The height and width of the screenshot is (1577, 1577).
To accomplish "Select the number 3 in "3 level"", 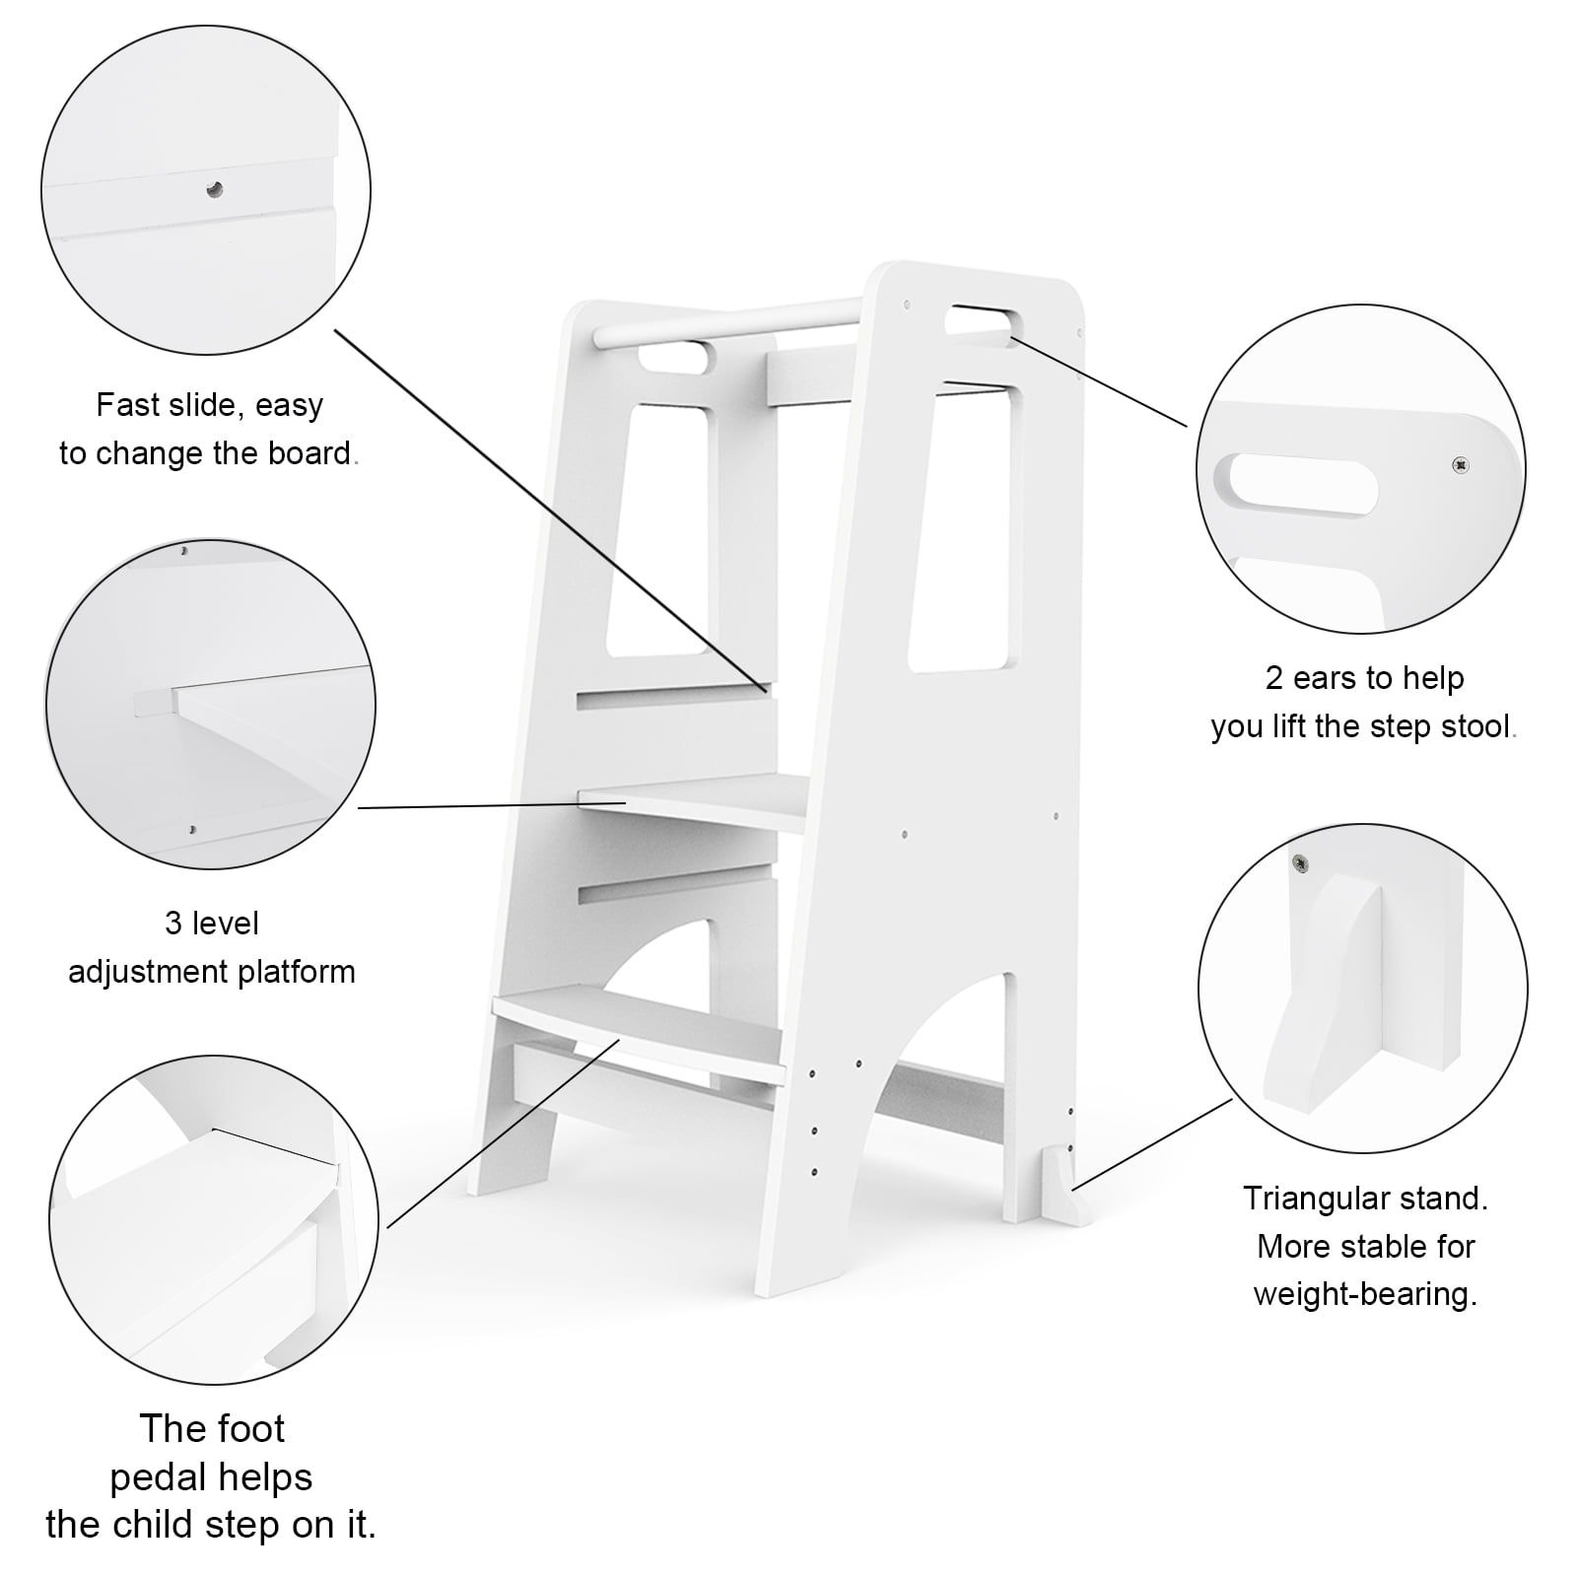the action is click(173, 924).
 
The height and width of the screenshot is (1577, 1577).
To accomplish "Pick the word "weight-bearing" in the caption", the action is click(1365, 1294).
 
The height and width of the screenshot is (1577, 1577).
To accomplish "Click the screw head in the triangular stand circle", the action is click(1302, 864).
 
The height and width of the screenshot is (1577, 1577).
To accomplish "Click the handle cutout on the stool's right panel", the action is click(979, 321).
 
